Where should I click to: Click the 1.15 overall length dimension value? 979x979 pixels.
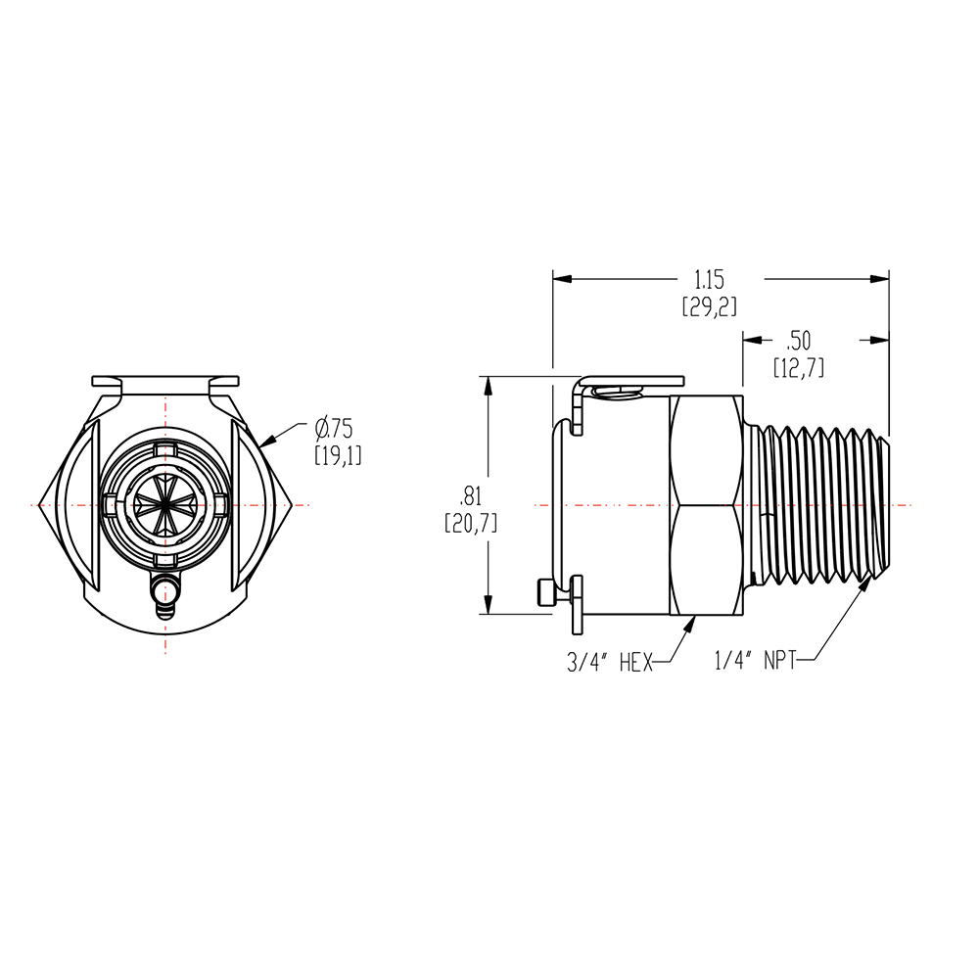[710, 279]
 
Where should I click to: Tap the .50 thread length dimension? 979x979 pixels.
[799, 341]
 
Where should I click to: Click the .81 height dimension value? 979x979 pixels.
[471, 496]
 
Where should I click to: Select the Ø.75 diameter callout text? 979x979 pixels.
[332, 428]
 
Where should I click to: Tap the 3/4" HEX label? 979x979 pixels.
[609, 663]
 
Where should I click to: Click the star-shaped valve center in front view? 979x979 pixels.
[165, 504]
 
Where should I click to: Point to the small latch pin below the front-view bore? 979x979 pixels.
[164, 591]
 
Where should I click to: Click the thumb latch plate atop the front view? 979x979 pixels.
[165, 380]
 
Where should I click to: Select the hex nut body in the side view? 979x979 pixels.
[703, 504]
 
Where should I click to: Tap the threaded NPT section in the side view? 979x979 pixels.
[827, 504]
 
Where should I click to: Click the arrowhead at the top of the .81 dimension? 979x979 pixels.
[488, 384]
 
